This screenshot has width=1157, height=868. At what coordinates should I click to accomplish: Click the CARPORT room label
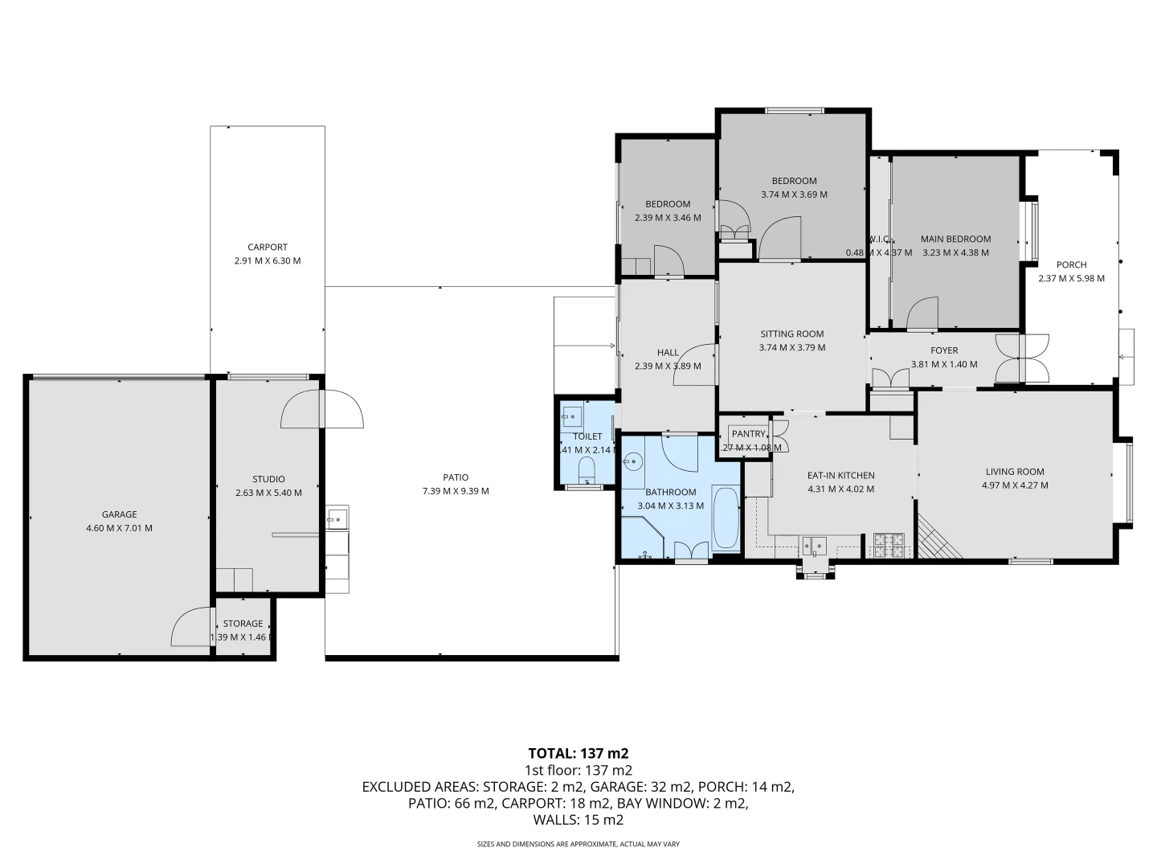267,248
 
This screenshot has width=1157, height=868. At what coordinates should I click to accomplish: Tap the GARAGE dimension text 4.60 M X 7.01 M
119,528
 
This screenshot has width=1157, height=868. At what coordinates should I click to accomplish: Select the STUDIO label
268,479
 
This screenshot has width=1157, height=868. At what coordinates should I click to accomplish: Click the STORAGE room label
243,624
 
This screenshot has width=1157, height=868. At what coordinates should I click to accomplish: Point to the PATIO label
456,477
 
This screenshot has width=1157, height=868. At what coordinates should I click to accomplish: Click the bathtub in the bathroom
726,518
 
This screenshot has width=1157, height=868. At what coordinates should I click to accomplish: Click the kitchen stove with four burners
889,546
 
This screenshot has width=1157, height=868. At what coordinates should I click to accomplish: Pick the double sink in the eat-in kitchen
813,546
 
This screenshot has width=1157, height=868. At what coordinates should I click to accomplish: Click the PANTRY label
748,434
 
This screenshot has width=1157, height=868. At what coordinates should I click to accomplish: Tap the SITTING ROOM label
792,334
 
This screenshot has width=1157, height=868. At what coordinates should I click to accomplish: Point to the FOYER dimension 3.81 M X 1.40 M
944,364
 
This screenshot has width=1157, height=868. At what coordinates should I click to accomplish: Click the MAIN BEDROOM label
955,239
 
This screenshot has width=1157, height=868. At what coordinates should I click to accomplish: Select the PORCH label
1071,264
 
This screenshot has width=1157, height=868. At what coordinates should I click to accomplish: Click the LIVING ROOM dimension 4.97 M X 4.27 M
1015,485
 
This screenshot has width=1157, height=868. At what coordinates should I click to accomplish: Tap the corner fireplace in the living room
938,538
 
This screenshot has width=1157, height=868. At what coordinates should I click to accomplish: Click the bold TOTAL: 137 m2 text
578,753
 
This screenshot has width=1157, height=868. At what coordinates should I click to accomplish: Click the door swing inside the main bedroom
924,314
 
